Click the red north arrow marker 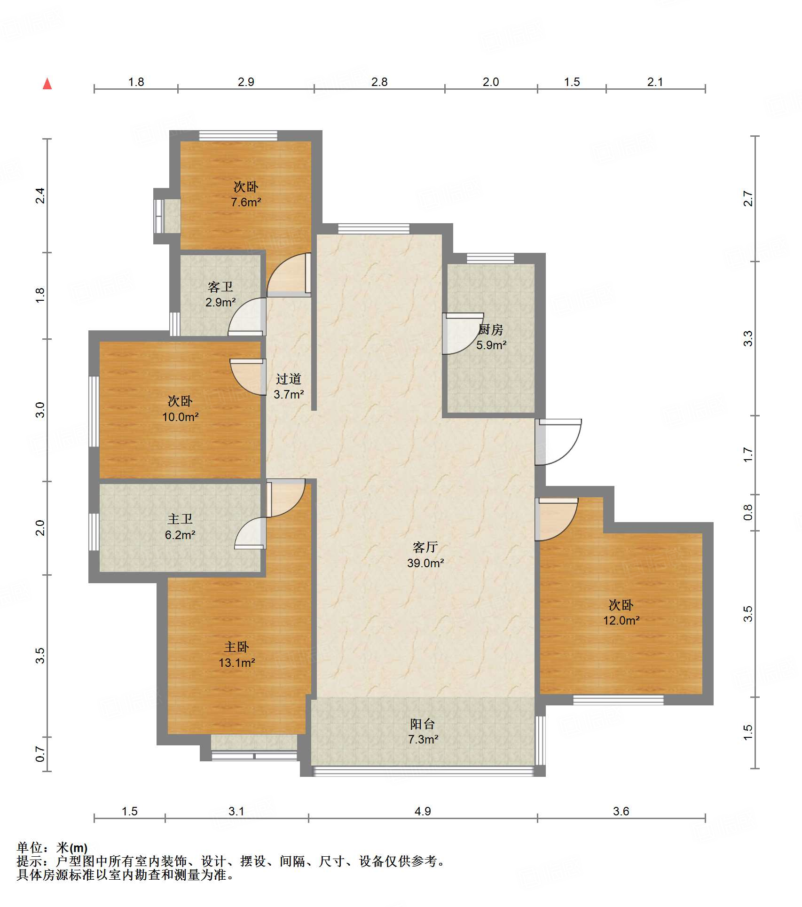[x=47, y=84]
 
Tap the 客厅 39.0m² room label [x=425, y=555]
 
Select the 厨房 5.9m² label [x=491, y=337]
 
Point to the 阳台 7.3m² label [x=423, y=731]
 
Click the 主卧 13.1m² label [x=236, y=655]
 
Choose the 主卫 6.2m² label [x=180, y=527]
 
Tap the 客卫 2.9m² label [x=220, y=294]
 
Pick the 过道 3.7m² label [x=289, y=386]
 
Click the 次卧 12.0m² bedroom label [x=621, y=612]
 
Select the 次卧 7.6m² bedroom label [x=246, y=194]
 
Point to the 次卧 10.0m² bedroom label [x=180, y=409]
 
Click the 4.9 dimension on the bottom [x=423, y=811]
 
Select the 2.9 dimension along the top [x=246, y=82]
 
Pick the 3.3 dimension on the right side [x=747, y=338]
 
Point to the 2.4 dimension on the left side [x=40, y=195]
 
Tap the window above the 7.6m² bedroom [x=238, y=135]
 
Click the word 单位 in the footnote [x=29, y=847]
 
